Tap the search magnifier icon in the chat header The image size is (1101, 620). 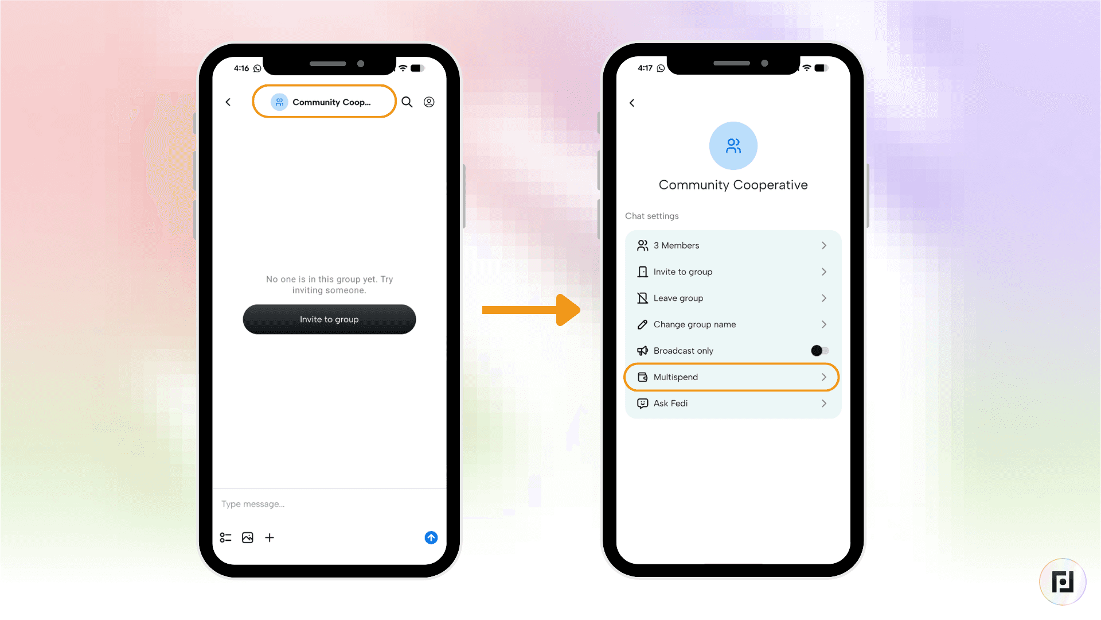[407, 102]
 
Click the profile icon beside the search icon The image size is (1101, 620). [429, 102]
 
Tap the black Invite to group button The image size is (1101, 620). [329, 319]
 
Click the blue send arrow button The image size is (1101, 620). [431, 537]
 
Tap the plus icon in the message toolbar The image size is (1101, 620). [270, 537]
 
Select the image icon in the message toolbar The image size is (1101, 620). [248, 537]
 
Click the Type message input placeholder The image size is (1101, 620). [253, 504]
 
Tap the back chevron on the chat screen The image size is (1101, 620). [228, 102]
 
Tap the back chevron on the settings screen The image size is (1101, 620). [632, 103]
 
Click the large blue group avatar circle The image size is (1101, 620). [733, 146]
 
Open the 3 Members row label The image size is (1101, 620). [676, 246]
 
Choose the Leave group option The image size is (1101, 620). [678, 299]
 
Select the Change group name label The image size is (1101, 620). [694, 324]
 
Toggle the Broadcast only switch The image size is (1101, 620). [819, 351]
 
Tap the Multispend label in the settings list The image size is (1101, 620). [676, 377]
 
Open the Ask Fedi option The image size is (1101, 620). [670, 404]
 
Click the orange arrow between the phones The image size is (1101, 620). [531, 310]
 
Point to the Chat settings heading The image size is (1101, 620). [651, 216]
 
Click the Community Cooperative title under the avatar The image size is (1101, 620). [733, 185]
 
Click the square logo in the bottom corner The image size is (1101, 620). [1063, 582]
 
